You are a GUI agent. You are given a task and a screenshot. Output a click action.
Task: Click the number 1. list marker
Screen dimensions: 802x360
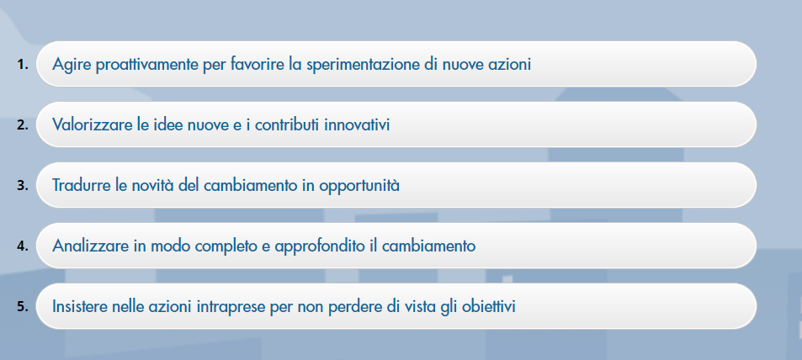pyautogui.click(x=23, y=65)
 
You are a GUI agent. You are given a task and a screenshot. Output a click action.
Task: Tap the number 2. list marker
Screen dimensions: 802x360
pyautogui.click(x=23, y=124)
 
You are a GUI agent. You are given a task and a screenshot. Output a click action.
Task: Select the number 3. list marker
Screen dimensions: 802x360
pyautogui.click(x=23, y=185)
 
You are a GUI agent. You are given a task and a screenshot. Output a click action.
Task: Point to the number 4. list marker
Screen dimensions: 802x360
pyautogui.click(x=23, y=246)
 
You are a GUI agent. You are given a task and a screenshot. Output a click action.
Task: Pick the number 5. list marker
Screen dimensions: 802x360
pyautogui.click(x=23, y=306)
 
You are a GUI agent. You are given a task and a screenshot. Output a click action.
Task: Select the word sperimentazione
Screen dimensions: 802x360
pyautogui.click(x=364, y=66)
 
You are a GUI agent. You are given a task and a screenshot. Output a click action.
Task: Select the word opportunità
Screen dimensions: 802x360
pyautogui.click(x=359, y=187)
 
